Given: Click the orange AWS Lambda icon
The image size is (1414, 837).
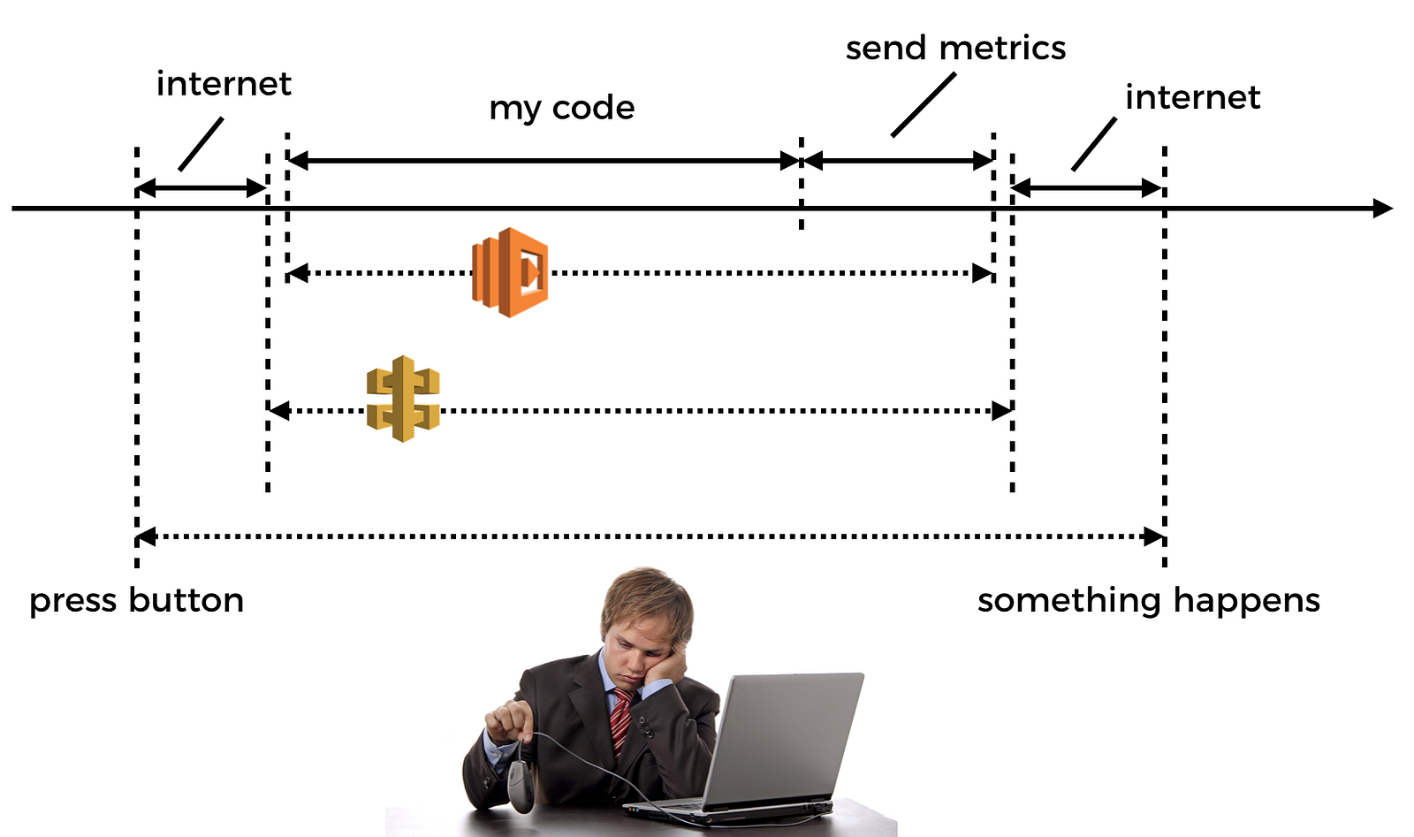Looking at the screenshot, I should (510, 272).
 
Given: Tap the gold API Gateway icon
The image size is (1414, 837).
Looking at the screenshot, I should (403, 399).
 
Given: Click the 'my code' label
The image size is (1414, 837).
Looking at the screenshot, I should (562, 108).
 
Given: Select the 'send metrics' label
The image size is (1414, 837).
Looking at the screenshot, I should (955, 49).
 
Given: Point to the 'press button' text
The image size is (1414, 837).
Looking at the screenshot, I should (136, 601).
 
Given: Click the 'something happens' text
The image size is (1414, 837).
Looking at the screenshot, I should (1148, 601).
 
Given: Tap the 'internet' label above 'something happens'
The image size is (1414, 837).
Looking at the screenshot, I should (1192, 97).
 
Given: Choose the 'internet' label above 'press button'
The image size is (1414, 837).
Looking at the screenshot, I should (224, 84).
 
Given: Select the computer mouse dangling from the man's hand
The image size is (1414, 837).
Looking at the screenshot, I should (521, 784).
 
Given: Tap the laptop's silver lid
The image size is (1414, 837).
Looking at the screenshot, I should (787, 738).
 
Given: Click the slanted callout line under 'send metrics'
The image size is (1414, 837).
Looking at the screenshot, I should (924, 105).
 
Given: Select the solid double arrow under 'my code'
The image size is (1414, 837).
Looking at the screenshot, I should (544, 161).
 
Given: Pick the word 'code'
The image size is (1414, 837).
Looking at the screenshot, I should (593, 108).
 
